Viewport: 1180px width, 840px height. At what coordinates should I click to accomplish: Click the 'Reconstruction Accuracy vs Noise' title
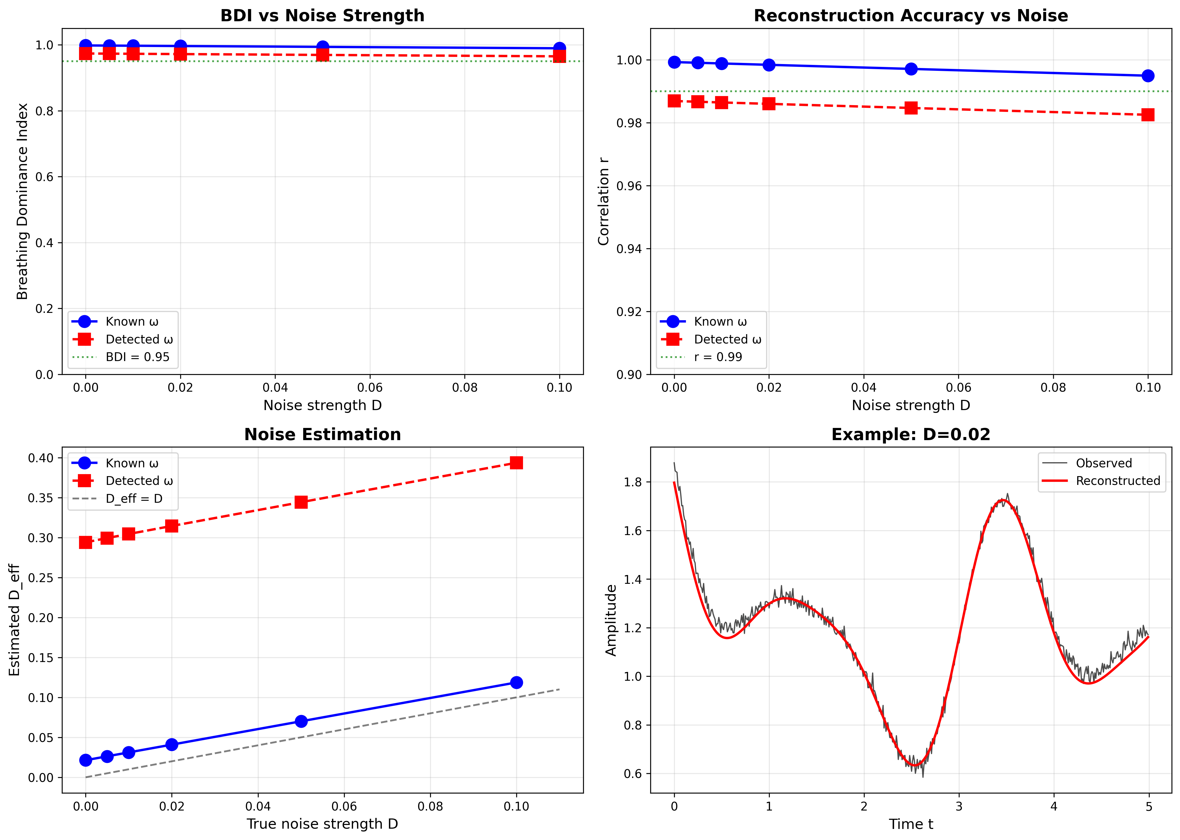pyautogui.click(x=911, y=16)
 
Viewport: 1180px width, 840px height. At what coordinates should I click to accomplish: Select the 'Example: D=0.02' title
pyautogui.click(x=911, y=434)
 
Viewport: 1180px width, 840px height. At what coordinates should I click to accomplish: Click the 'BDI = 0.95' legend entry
pyautogui.click(x=137, y=357)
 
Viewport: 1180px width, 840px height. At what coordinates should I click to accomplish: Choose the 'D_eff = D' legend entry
pyautogui.click(x=134, y=499)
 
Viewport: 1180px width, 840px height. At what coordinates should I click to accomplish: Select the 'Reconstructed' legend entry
pyautogui.click(x=1118, y=481)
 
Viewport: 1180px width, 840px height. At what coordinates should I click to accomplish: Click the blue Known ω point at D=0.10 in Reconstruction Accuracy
pyautogui.click(x=1147, y=75)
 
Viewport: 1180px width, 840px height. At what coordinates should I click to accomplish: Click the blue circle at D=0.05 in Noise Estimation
pyautogui.click(x=301, y=721)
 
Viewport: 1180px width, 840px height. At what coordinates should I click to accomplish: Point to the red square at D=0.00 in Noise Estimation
pyautogui.click(x=86, y=542)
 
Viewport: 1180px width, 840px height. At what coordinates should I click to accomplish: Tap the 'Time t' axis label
pyautogui.click(x=911, y=824)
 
